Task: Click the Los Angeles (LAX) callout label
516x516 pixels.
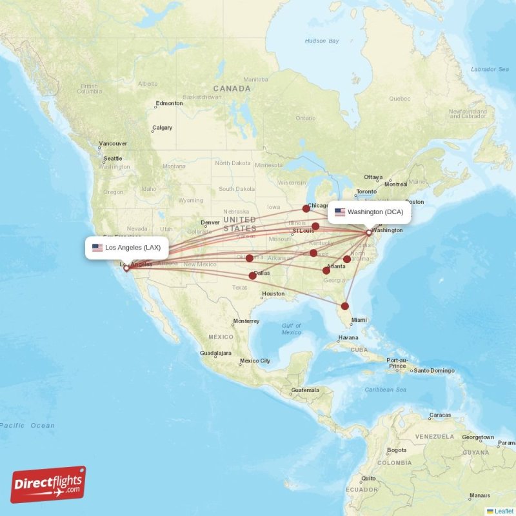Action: point(127,248)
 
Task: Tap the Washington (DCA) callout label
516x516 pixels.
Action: point(370,212)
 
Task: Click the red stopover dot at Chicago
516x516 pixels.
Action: point(306,208)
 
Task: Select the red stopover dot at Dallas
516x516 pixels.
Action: point(252,275)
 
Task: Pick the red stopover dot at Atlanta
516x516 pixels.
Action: point(326,270)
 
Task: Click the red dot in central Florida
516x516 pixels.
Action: point(345,306)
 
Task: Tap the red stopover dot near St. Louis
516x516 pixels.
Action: point(315,226)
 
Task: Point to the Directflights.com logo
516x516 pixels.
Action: point(48,484)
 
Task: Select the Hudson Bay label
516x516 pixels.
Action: point(321,41)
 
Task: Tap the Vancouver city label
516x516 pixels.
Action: point(113,144)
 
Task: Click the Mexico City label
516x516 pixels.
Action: point(255,361)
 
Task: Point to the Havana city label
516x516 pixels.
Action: point(348,337)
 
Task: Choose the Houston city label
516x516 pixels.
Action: point(273,294)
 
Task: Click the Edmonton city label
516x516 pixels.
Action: point(169,103)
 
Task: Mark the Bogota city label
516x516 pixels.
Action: point(396,450)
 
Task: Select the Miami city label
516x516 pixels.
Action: point(359,320)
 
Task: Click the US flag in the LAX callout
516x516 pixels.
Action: point(97,248)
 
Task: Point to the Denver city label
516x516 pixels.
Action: point(210,223)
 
